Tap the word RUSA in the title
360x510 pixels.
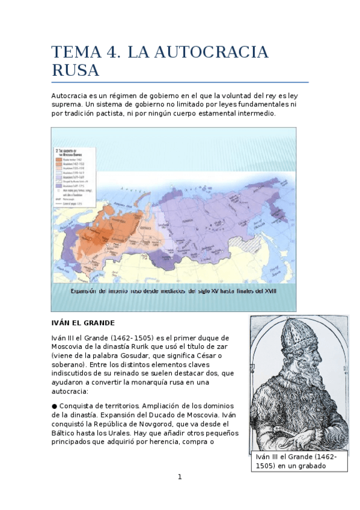(75, 70)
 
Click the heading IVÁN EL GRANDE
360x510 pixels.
(82, 323)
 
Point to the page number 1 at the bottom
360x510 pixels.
(180, 477)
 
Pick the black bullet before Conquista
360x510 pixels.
(54, 406)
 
